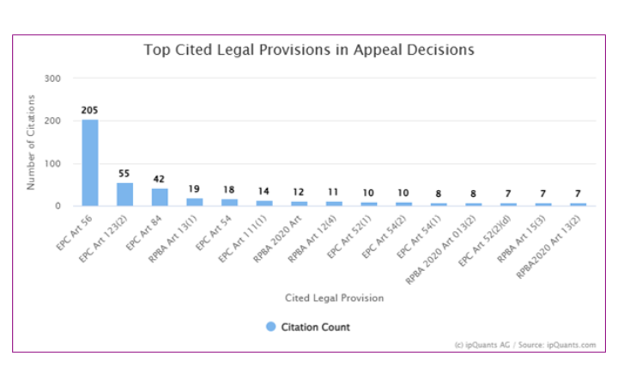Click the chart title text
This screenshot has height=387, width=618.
pyautogui.click(x=308, y=50)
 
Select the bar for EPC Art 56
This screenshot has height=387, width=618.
pyautogui.click(x=90, y=163)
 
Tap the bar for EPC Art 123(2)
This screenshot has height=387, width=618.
pyautogui.click(x=125, y=194)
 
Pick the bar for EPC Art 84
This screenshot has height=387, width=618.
pyautogui.click(x=160, y=197)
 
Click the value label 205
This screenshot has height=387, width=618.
pyautogui.click(x=90, y=110)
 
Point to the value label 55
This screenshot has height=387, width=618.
pyautogui.click(x=125, y=174)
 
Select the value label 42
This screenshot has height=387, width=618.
pyautogui.click(x=160, y=179)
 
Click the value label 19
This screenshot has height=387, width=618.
pyautogui.click(x=195, y=189)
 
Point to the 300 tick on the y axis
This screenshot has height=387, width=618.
pyautogui.click(x=53, y=78)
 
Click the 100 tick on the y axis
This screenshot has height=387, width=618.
pyautogui.click(x=53, y=163)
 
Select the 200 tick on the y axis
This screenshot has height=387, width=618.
pyautogui.click(x=53, y=121)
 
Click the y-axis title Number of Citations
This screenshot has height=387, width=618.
pyautogui.click(x=32, y=142)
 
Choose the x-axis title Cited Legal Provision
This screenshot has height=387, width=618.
pyautogui.click(x=334, y=298)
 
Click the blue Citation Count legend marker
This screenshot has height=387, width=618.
pyautogui.click(x=271, y=327)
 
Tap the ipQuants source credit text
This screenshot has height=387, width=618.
pyautogui.click(x=524, y=344)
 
